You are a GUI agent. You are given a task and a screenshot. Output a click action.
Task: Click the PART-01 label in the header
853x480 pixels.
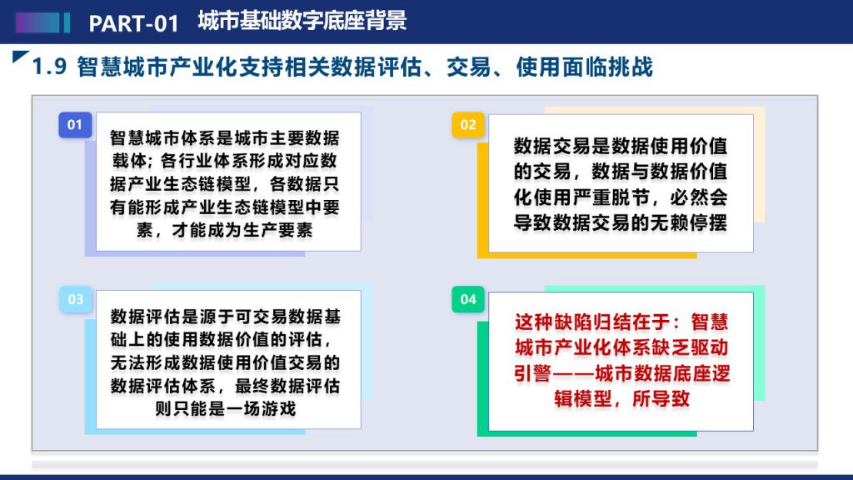click(134, 23)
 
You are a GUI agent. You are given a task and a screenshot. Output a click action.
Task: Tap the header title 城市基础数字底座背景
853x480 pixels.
click(302, 21)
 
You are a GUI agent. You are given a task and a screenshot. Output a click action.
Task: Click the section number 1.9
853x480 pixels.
click(49, 67)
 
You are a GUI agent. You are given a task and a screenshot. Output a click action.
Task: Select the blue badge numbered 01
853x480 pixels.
click(75, 125)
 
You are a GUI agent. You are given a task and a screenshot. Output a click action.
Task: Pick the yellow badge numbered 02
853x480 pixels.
click(468, 125)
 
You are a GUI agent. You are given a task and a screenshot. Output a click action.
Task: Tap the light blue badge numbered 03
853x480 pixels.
click(75, 299)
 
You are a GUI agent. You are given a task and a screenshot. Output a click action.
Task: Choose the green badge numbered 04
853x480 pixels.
click(468, 299)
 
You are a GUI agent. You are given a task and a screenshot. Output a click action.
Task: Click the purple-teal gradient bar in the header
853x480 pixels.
click(42, 22)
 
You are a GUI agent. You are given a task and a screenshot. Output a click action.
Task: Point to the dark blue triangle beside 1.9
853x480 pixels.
click(20, 56)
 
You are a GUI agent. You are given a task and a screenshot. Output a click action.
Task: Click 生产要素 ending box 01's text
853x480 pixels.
click(277, 230)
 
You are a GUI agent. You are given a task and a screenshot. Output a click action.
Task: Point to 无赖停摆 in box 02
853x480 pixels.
click(689, 222)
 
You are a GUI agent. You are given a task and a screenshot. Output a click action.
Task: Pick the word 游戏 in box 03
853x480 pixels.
click(278, 408)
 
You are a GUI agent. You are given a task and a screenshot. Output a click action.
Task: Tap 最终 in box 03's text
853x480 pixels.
click(252, 386)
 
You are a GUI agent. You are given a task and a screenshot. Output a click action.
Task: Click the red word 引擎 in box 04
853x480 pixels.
click(533, 373)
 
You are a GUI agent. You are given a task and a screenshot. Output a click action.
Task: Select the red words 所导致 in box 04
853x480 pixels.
click(661, 399)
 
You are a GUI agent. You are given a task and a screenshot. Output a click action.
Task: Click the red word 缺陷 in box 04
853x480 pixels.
click(572, 322)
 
